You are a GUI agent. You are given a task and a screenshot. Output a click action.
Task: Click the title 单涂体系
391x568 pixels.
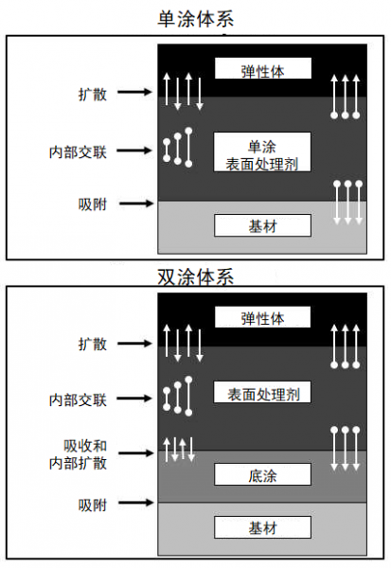[x=196, y=19]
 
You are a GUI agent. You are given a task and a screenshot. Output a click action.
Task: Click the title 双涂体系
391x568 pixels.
[x=196, y=277]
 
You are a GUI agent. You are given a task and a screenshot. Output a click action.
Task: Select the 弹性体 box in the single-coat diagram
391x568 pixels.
[x=263, y=68]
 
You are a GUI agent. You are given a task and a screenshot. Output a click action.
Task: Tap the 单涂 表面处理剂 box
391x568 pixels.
[x=262, y=151]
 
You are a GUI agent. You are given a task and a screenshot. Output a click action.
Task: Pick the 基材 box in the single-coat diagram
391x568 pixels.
[x=263, y=225]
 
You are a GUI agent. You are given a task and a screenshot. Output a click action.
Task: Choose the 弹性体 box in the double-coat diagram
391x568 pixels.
[x=263, y=317]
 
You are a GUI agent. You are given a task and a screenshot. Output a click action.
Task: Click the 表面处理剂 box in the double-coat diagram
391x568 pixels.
[x=262, y=392]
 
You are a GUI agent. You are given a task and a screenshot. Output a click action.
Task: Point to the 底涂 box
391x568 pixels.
[x=263, y=474]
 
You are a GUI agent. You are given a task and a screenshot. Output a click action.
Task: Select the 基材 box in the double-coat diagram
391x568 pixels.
[x=263, y=527]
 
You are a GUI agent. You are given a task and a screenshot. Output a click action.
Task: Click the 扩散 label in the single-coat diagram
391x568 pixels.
[x=93, y=94]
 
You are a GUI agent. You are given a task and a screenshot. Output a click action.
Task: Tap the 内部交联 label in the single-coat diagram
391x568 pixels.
[x=78, y=151]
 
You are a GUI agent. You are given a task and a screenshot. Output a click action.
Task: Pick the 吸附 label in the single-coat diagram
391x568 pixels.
[x=93, y=204]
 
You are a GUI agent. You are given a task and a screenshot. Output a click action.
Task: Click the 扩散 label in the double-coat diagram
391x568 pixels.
[x=93, y=344]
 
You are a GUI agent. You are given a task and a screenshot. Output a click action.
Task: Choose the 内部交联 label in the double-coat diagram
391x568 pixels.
[x=78, y=400]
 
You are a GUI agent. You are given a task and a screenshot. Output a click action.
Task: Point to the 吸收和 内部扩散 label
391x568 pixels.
[x=78, y=454]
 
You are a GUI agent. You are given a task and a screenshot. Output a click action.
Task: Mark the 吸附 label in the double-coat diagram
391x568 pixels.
[x=93, y=505]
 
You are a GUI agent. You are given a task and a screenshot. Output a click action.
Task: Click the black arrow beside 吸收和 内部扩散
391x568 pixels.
[x=136, y=453]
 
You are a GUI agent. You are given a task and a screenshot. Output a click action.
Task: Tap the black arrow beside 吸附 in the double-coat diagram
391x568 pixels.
[x=136, y=503]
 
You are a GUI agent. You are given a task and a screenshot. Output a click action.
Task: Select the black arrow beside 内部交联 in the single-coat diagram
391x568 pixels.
[x=134, y=151]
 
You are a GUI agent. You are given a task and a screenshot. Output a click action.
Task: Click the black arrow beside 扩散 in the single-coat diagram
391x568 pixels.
[x=134, y=92]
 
